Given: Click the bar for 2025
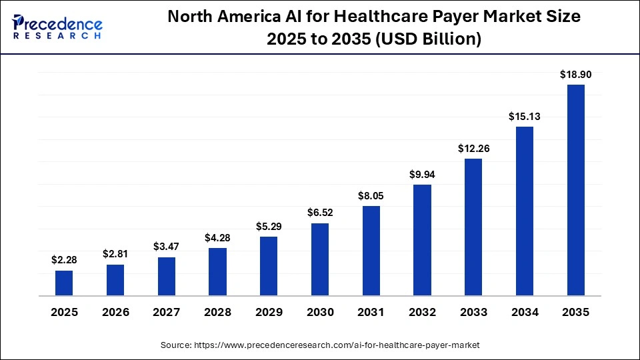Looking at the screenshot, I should point(64,283).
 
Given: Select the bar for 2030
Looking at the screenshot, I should point(320,259).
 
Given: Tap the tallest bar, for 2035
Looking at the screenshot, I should point(575,190).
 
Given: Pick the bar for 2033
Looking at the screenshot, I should point(473,227).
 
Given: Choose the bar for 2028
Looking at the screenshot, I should point(217,271).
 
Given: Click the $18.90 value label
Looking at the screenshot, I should point(575,75).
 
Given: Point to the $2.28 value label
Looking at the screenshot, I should point(64,260).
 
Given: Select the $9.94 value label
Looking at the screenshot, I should point(422,175).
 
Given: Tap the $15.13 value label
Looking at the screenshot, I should point(524,116).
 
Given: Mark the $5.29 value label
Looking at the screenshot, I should point(269,227).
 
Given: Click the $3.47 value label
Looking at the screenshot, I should point(167,247).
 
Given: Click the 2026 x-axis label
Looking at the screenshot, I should point(115,312).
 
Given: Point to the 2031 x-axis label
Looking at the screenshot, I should point(371,312).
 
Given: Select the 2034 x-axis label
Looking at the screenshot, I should point(524,312).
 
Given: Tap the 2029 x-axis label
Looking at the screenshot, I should point(269,312).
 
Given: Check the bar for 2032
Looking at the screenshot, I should point(422,240).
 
